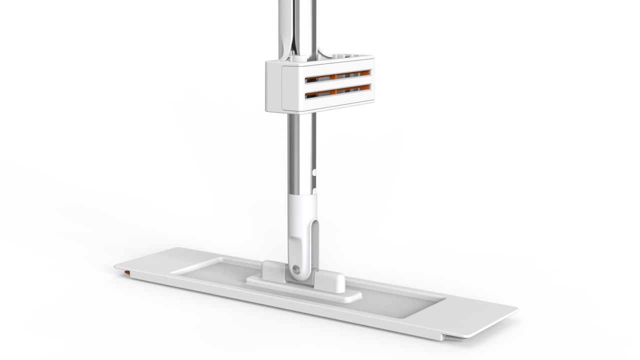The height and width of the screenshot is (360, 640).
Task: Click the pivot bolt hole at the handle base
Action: coord(297,268)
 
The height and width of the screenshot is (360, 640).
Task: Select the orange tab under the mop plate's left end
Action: coord(128,272)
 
